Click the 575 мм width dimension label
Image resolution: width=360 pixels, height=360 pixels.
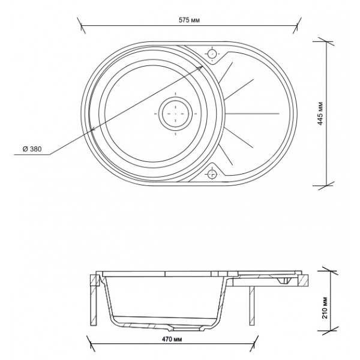pyautogui.click(x=189, y=20)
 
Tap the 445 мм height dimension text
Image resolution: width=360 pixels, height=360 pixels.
pyautogui.click(x=320, y=113)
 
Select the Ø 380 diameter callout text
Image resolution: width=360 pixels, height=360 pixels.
pyautogui.click(x=32, y=149)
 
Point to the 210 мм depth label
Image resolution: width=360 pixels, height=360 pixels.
pyautogui.click(x=325, y=307)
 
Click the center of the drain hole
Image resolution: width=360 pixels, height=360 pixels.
pyautogui.click(x=176, y=113)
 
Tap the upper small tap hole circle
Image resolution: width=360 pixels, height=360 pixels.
pyautogui.click(x=212, y=54)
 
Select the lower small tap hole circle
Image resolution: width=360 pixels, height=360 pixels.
pyautogui.click(x=212, y=174)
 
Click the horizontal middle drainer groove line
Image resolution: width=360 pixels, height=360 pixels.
pyautogui.click(x=253, y=113)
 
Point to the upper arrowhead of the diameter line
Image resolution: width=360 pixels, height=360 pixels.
pyautogui.click(x=200, y=67)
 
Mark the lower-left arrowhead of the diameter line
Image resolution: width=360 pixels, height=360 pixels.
pyautogui.click(x=93, y=130)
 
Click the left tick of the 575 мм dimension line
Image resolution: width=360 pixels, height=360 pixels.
pyautogui.click(x=82, y=25)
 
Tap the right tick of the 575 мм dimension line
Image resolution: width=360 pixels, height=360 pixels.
pyautogui.click(x=297, y=25)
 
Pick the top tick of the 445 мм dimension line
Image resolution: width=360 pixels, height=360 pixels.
pyautogui.click(x=327, y=42)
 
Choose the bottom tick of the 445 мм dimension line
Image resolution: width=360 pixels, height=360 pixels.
pyautogui.click(x=327, y=185)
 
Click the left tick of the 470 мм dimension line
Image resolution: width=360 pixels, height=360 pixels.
pyautogui.click(x=91, y=344)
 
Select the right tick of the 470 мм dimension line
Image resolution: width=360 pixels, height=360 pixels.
pyautogui.click(x=254, y=344)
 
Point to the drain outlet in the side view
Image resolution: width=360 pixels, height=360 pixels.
pyautogui.click(x=185, y=329)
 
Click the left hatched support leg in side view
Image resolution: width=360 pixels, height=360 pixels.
pyautogui.click(x=94, y=300)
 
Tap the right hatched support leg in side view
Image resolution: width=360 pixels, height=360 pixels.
pyautogui.click(x=252, y=306)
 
